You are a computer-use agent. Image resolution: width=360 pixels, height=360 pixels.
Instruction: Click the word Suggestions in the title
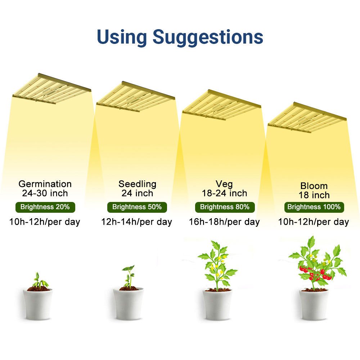(208, 37)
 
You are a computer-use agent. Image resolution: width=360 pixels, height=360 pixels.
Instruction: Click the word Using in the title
(122, 37)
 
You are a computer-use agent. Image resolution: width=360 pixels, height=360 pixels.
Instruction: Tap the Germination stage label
(45, 184)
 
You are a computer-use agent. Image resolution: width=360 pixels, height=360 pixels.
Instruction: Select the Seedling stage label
(138, 184)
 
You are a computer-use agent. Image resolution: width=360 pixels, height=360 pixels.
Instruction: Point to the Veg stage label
(224, 184)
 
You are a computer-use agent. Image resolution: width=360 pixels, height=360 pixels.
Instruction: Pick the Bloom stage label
(314, 186)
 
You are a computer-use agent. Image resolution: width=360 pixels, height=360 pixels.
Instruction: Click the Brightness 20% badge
(45, 207)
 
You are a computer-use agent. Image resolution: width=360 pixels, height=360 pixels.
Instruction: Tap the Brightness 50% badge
(137, 207)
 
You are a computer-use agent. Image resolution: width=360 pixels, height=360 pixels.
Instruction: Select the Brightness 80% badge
(225, 207)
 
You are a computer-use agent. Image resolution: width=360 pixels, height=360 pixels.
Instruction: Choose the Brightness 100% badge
(314, 207)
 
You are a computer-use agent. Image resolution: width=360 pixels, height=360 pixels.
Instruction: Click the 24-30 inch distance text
(45, 193)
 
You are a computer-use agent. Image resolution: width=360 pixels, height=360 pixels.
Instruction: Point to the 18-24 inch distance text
(224, 193)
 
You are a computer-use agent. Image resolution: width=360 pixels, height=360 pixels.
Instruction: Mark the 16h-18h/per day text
(224, 222)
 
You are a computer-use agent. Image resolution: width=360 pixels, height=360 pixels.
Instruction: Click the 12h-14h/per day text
(137, 222)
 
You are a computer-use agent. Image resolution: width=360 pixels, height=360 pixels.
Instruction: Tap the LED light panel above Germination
(51, 88)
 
